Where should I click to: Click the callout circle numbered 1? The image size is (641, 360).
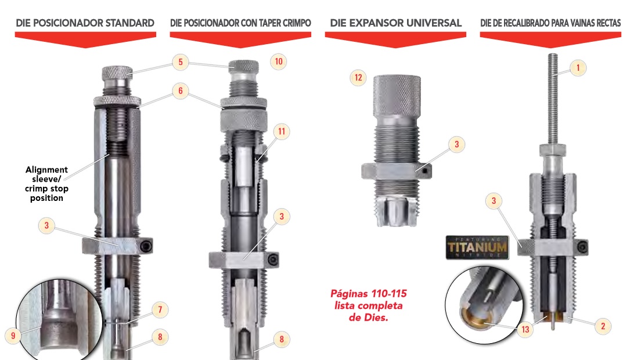(x=578, y=67)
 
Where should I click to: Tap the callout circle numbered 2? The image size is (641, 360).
(x=603, y=326)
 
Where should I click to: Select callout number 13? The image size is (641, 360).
(x=525, y=329)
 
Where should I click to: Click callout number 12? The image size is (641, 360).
(x=358, y=78)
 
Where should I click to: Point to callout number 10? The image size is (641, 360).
(x=279, y=62)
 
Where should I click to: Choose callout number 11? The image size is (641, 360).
(x=281, y=132)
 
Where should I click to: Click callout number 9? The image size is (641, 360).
(x=13, y=336)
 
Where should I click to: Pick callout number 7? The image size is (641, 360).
(x=160, y=309)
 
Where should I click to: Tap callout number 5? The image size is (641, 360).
(x=180, y=62)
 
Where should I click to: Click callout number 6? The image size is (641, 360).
(x=180, y=91)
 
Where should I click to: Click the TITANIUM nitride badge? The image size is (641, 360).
(x=477, y=247)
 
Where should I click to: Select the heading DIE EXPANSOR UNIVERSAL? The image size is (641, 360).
(x=396, y=23)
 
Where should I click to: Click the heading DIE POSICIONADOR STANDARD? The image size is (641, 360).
(x=85, y=23)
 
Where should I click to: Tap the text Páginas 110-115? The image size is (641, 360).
(x=369, y=294)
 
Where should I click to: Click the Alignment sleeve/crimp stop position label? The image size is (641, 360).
(x=46, y=183)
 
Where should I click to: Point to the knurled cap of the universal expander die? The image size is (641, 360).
(x=397, y=95)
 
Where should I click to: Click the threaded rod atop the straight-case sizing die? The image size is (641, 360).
(x=553, y=99)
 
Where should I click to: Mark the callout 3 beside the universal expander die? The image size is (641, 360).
(x=456, y=144)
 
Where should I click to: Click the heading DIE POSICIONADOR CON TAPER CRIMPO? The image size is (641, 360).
(x=240, y=23)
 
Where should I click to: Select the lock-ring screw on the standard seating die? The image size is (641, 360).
(x=146, y=246)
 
